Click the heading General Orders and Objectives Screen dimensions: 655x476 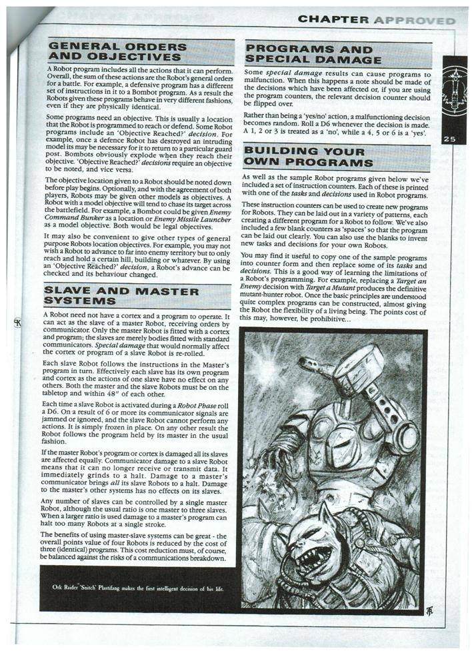(117, 52)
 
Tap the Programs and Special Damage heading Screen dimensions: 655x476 (309, 55)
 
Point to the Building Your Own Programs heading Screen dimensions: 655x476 (308, 158)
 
